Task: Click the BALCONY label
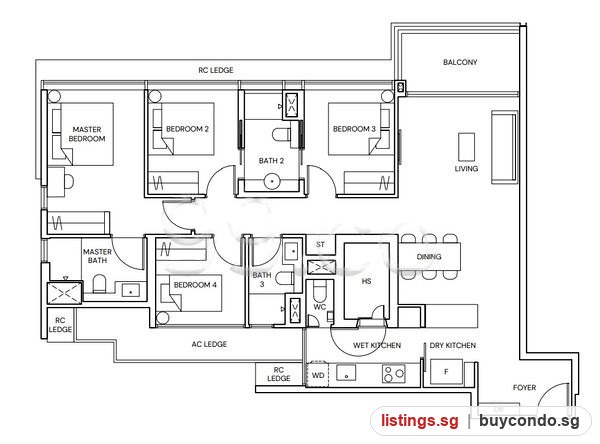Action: pyautogui.click(x=460, y=62)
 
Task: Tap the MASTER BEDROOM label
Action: pyautogui.click(x=87, y=134)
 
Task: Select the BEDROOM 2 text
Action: pyautogui.click(x=188, y=129)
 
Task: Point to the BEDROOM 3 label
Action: pyautogui.click(x=354, y=129)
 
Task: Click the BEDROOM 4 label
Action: pyautogui.click(x=195, y=285)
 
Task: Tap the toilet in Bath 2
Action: pyautogui.click(x=281, y=135)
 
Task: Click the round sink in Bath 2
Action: pyautogui.click(x=272, y=181)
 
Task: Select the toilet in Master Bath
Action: pyautogui.click(x=99, y=284)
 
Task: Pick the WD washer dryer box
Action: pyautogui.click(x=318, y=375)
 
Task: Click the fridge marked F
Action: pyautogui.click(x=446, y=371)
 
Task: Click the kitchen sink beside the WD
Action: pyautogui.click(x=346, y=373)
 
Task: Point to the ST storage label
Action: pyautogui.click(x=320, y=245)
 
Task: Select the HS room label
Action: pyautogui.click(x=366, y=281)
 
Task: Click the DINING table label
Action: pyautogui.click(x=429, y=256)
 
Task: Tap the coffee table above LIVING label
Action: pyautogui.click(x=466, y=147)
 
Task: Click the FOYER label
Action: pyautogui.click(x=524, y=388)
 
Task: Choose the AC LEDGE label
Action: pyautogui.click(x=209, y=344)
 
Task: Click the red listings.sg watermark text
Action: pyautogui.click(x=419, y=421)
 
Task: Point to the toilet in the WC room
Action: pyautogui.click(x=319, y=291)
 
